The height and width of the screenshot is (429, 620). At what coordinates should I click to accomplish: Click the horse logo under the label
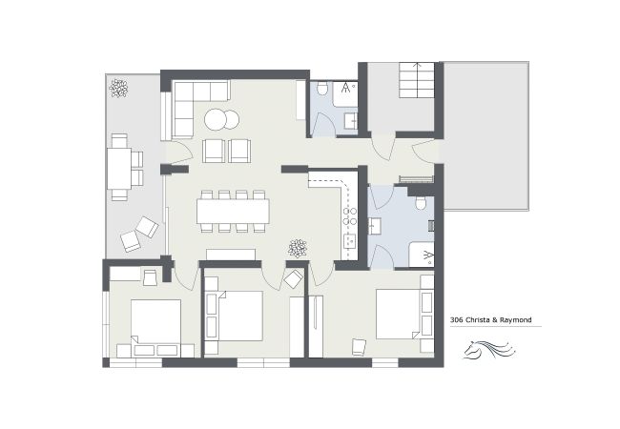coord(489,349)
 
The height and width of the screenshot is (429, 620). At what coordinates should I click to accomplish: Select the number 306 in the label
coord(456,319)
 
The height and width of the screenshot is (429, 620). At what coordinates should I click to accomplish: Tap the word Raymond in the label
coord(516,320)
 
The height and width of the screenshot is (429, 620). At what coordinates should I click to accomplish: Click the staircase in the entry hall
coord(417,80)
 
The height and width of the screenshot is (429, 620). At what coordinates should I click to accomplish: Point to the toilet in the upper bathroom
coord(322,89)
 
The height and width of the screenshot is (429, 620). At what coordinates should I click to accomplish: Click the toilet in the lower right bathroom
coord(421,203)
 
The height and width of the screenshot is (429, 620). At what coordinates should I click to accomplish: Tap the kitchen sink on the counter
coord(350,241)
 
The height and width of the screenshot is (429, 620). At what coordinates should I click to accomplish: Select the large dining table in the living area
coord(234,212)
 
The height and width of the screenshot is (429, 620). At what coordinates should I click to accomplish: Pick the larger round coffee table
coord(216,120)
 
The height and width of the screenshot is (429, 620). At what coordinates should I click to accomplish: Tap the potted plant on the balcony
coord(118,88)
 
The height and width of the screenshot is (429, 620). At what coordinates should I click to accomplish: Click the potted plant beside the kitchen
coord(298,249)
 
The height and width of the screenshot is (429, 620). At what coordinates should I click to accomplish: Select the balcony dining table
coord(119,169)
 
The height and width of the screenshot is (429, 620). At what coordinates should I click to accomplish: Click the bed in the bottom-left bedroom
coord(155,321)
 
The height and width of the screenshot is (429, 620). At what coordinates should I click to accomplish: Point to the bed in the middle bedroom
coord(240,316)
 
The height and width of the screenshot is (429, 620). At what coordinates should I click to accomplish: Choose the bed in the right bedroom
coord(398,314)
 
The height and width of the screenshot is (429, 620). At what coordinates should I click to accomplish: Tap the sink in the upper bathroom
coord(351,121)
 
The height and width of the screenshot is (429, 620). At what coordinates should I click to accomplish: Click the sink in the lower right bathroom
coord(375,226)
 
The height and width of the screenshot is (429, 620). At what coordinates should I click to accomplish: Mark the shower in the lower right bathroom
coord(422,255)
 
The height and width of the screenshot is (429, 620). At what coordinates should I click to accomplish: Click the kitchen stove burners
coord(349,216)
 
